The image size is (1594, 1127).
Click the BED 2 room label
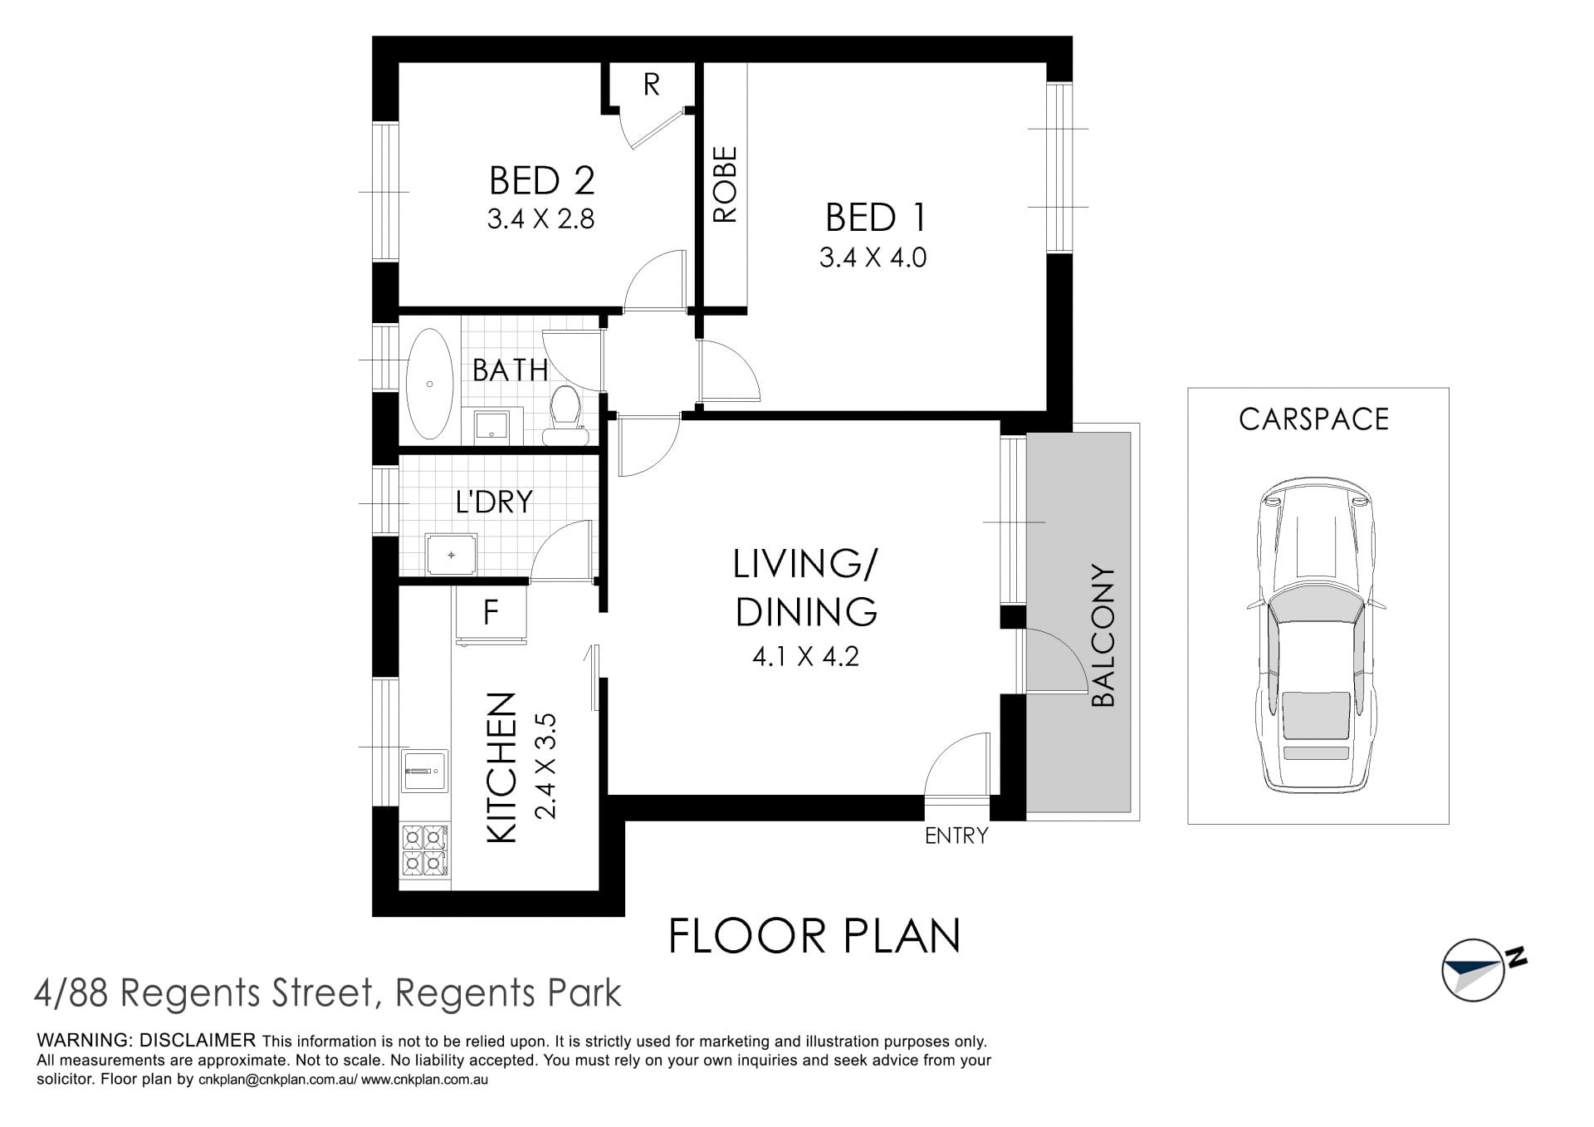click(541, 180)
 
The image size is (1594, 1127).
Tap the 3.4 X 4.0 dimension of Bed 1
click(873, 257)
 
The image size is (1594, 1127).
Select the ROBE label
click(725, 184)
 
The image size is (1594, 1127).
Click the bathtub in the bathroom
click(429, 384)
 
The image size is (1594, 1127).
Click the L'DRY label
click(493, 502)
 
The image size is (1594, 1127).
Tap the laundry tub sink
click(452, 554)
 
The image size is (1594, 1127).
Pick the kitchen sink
click(424, 772)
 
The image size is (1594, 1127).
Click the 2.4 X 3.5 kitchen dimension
click(545, 766)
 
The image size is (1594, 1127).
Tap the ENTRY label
click(956, 835)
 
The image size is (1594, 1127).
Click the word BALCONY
click(1103, 636)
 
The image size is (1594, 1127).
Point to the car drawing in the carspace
click(1316, 636)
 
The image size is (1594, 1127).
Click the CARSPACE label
click(1313, 419)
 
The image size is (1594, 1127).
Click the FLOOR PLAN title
click(814, 936)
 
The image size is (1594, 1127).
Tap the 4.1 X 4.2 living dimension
click(805, 657)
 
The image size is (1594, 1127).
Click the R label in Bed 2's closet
click(652, 84)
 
